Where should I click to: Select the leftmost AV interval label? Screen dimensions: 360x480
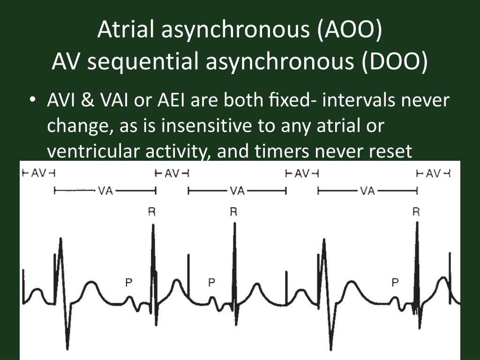click(x=38, y=174)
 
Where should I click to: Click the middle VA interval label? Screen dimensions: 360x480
click(x=237, y=191)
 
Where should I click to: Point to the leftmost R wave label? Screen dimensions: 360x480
click(x=152, y=212)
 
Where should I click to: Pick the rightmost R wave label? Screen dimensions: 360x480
click(x=416, y=212)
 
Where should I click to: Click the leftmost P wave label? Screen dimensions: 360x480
click(x=128, y=282)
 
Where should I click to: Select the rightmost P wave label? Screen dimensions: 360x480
click(x=395, y=282)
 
